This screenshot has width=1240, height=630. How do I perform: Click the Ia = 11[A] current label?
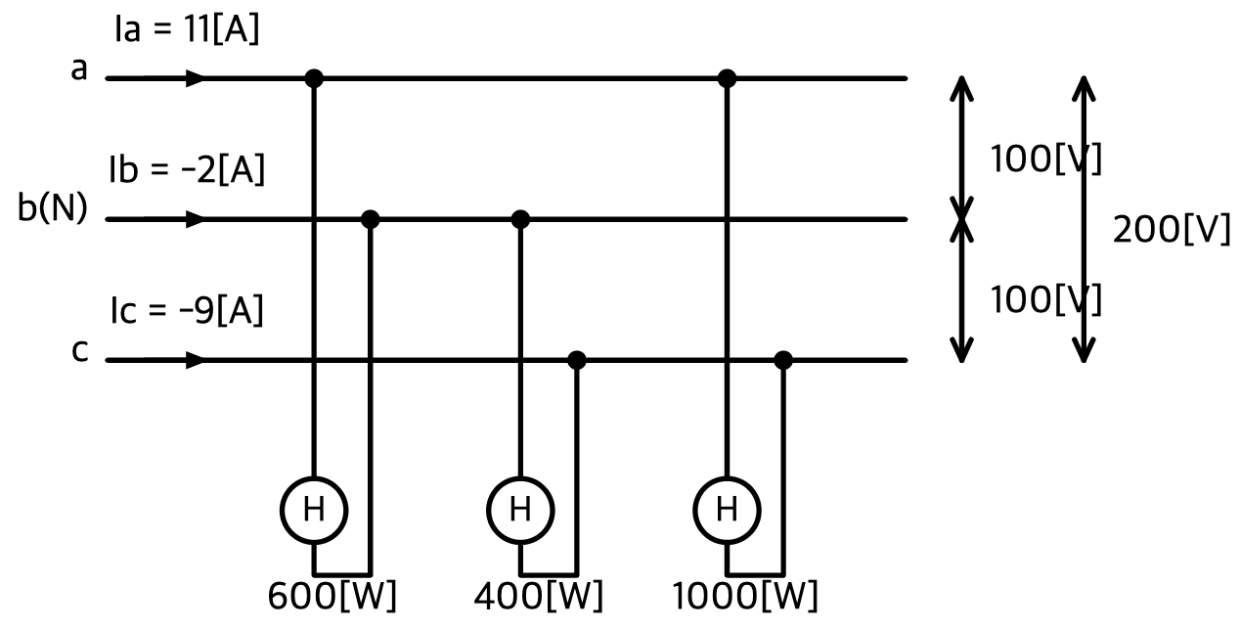[x=187, y=29]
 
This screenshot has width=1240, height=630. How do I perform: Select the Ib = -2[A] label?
[x=187, y=169]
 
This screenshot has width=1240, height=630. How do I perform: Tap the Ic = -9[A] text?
[x=187, y=310]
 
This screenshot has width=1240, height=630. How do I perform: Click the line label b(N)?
[x=53, y=208]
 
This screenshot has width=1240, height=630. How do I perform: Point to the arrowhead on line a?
[x=195, y=78]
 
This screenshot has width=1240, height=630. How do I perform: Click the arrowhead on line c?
[x=195, y=360]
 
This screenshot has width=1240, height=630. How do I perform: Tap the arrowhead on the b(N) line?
[x=195, y=220]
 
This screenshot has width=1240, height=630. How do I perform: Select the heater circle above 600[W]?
[x=314, y=477]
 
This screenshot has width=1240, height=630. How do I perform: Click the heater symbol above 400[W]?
[x=520, y=477]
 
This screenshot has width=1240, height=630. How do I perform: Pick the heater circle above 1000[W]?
[x=727, y=477]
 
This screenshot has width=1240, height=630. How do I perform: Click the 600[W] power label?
[x=332, y=596]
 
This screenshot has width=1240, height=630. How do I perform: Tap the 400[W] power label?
[x=539, y=596]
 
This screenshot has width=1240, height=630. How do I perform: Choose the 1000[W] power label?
[x=745, y=596]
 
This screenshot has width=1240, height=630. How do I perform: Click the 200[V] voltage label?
[x=1172, y=229]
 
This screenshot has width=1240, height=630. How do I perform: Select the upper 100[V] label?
[x=1045, y=158]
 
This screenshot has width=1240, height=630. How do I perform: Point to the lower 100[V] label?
[x=1045, y=299]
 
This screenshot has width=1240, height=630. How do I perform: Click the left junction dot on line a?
[x=314, y=78]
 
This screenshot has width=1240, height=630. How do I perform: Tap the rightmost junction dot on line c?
[x=782, y=360]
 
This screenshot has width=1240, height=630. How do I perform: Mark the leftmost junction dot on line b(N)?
[x=371, y=220]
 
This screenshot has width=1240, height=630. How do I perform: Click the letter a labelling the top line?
[x=79, y=69]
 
